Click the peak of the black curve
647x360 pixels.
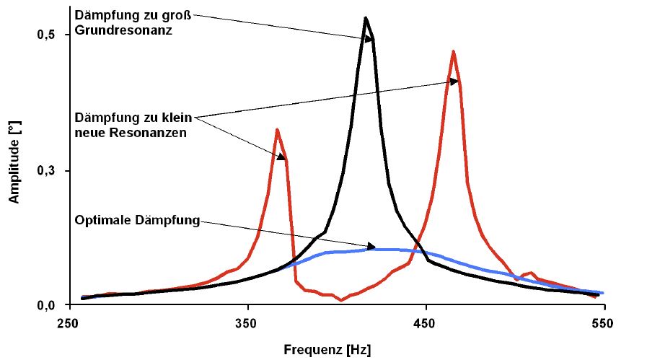pos(366,18)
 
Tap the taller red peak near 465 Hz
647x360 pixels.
pos(453,51)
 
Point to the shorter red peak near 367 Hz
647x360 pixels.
pos(277,130)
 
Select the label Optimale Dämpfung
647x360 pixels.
pos(137,220)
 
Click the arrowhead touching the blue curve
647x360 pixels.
pos(371,247)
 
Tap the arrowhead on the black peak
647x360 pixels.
pos(369,40)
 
